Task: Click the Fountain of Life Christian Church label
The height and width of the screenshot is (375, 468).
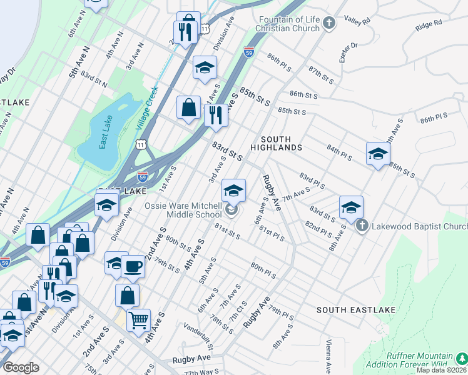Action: pyautogui.click(x=288, y=24)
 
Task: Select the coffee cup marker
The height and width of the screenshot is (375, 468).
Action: pyautogui.click(x=133, y=267)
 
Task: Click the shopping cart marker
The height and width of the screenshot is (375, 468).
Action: pyautogui.click(x=139, y=320)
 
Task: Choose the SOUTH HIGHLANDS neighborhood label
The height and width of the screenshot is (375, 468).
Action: pyautogui.click(x=276, y=143)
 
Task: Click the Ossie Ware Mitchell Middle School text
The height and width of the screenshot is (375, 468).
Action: pyautogui.click(x=183, y=210)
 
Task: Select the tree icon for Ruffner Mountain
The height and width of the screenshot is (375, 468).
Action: pyautogui.click(x=460, y=358)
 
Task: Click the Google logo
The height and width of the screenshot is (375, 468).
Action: pyautogui.click(x=21, y=367)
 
